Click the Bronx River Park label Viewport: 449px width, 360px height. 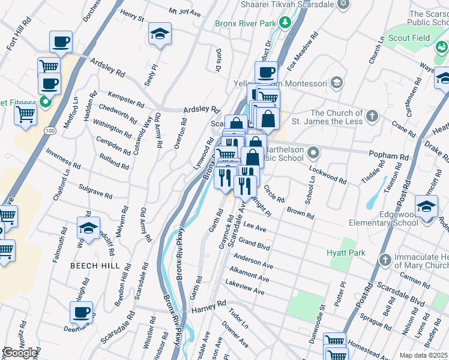pyautogui.click(x=245, y=24)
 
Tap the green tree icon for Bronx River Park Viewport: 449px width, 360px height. pyautogui.click(x=286, y=24)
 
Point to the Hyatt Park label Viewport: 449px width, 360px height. pyautogui.click(x=346, y=253)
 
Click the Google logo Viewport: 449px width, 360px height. pyautogui.click(x=20, y=353)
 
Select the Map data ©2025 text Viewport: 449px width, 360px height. pyautogui.click(x=423, y=355)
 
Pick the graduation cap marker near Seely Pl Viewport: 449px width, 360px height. pyautogui.click(x=160, y=34)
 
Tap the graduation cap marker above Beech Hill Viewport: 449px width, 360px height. pyautogui.click(x=89, y=229)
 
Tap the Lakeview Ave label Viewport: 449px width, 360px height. pyautogui.click(x=245, y=287)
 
